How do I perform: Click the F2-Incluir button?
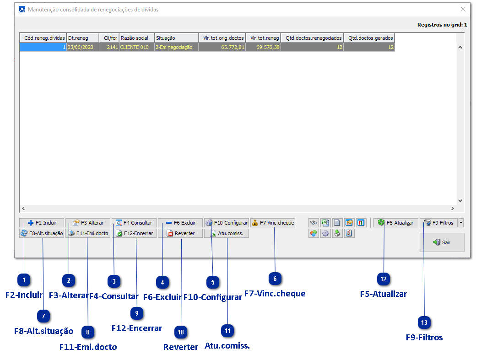pos(42,223)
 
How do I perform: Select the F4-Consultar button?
pos(134,223)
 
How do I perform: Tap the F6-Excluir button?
pos(180,223)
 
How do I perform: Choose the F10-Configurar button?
pos(227,223)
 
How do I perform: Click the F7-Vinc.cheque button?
pos(273,223)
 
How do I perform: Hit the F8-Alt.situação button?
pos(42,233)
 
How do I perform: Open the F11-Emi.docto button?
pos(88,233)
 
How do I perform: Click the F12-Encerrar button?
pos(134,233)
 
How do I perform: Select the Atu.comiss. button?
pos(227,233)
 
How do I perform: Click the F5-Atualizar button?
pos(396,223)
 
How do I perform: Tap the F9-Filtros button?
pos(438,223)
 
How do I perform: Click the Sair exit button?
pos(442,242)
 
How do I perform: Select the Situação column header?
pos(176,38)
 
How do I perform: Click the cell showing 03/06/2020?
pos(82,47)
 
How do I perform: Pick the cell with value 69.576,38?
pos(263,47)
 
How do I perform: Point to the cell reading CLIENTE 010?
pos(136,47)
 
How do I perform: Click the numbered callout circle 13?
pos(424,322)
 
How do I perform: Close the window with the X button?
pos(463,9)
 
